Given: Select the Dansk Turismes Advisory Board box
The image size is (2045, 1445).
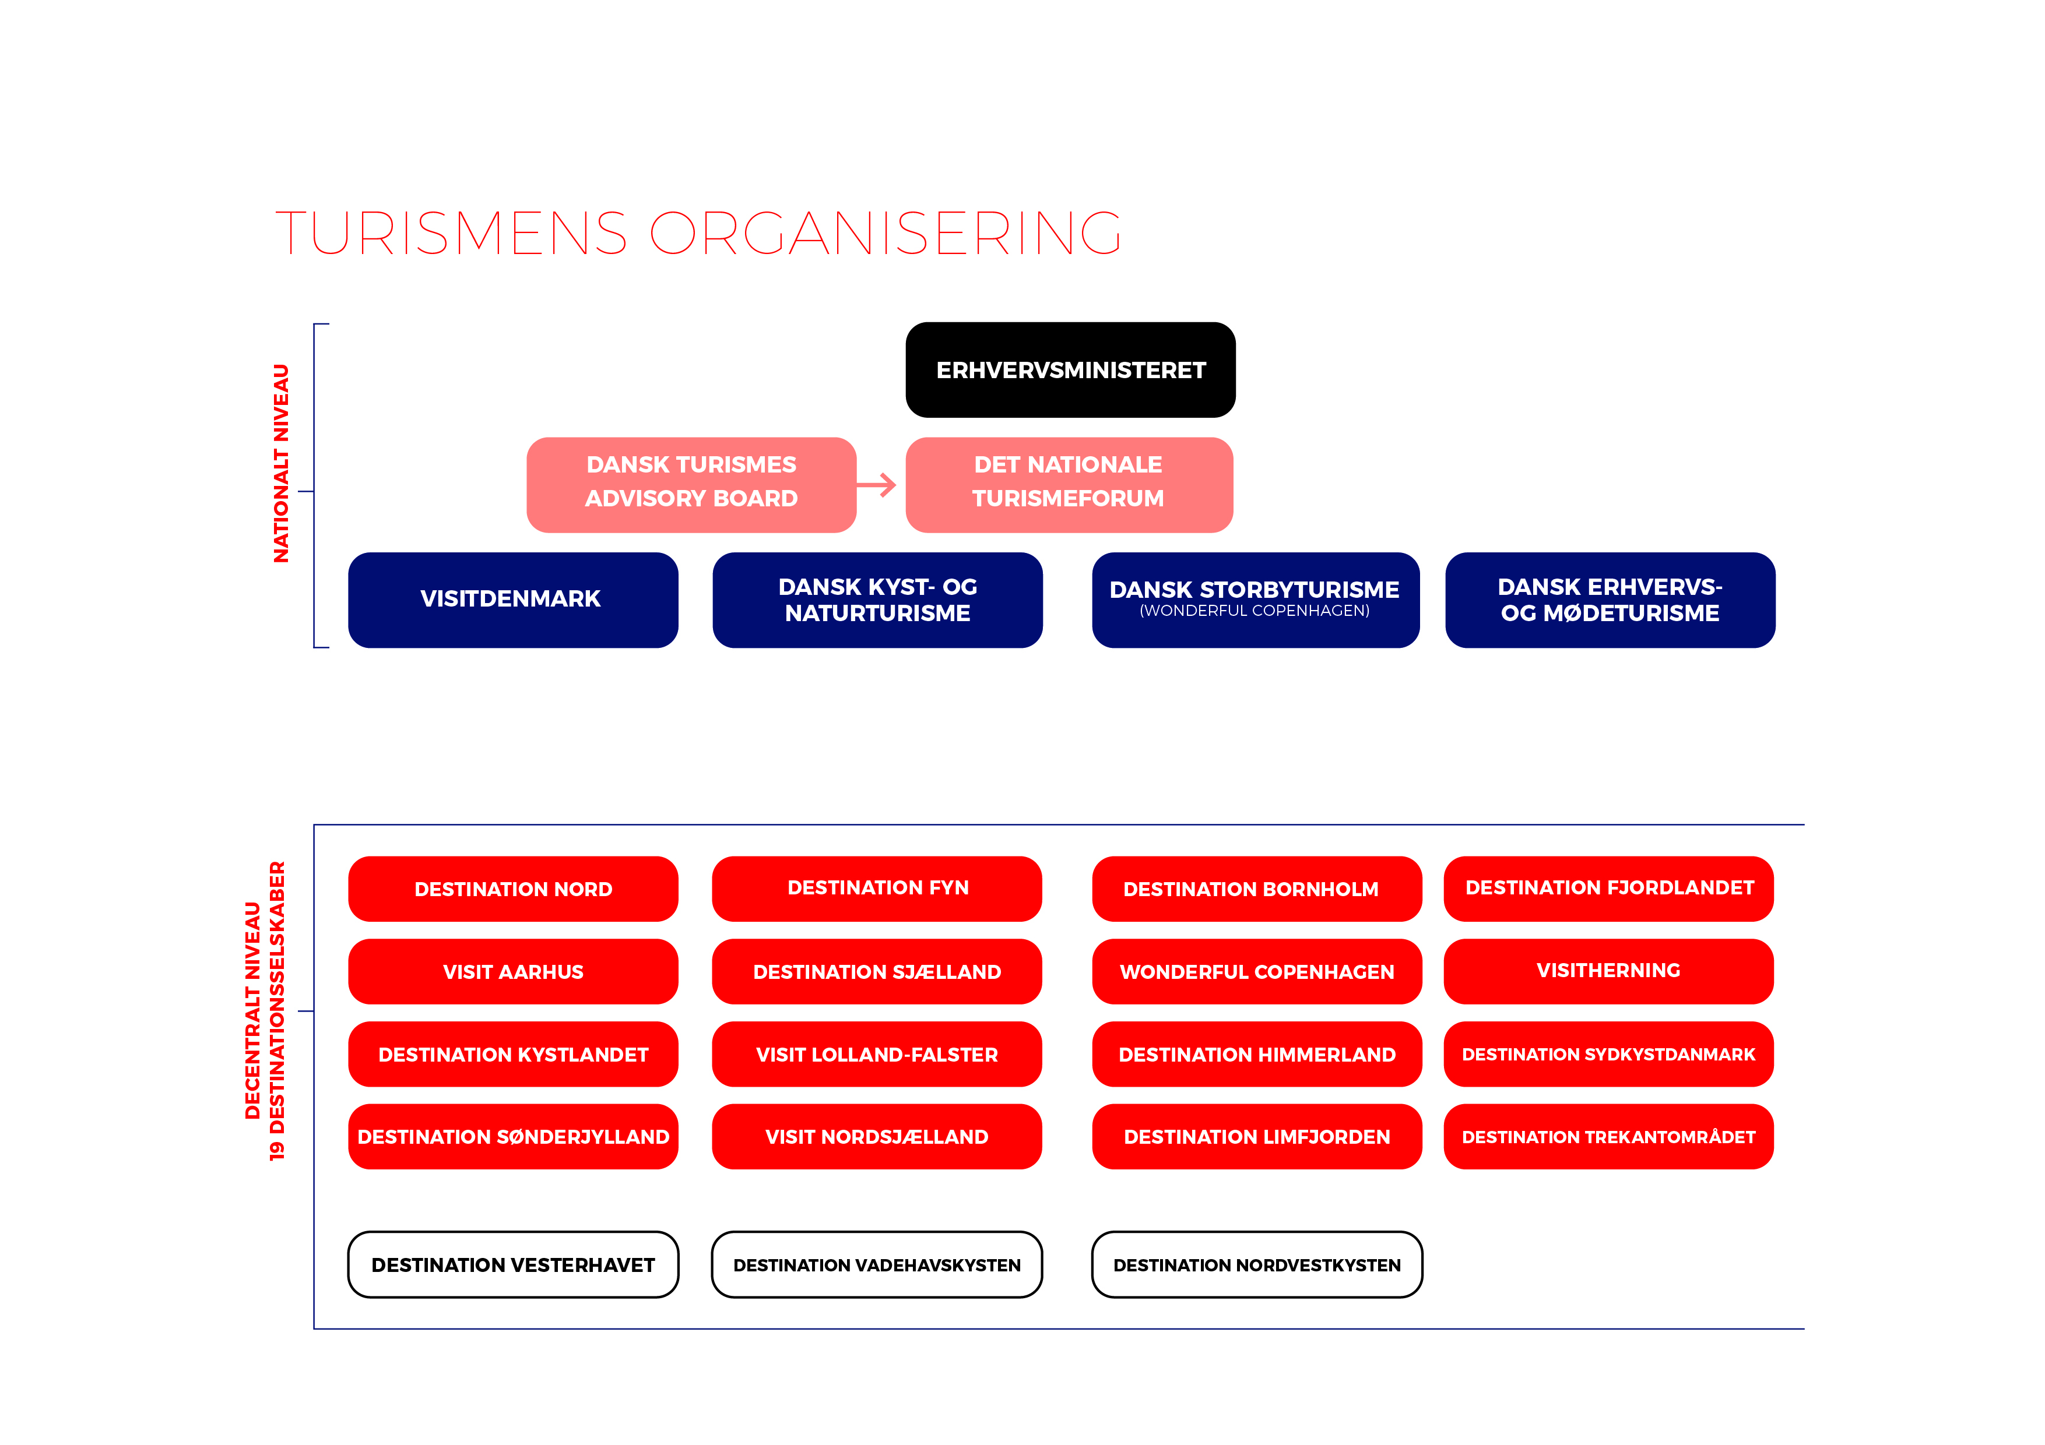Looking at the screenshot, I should pos(691,484).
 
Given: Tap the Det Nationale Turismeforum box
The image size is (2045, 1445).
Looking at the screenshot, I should pos(1069,484).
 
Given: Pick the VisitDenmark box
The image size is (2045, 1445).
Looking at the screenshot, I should pos(512,599).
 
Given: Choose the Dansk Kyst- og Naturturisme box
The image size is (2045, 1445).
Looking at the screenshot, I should pos(877,599).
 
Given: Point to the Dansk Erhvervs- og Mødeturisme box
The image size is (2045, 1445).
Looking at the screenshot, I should pos(1610,599).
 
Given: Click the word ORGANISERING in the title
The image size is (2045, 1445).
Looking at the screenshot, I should pos(886,233).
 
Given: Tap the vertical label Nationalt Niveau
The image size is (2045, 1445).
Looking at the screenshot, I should pos(282,463).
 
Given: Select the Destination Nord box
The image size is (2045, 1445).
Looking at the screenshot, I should pos(513,889).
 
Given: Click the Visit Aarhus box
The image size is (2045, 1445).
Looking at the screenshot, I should pos(513,971).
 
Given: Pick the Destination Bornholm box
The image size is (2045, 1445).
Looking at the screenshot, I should pos(1256,889).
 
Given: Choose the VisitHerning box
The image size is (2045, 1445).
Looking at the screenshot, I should pos(1608,971).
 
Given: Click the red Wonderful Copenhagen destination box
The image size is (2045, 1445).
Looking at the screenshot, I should pos(1256,971).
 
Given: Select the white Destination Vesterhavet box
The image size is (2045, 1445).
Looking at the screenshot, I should pos(513,1264).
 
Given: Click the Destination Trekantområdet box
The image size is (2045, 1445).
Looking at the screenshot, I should pos(1608,1137).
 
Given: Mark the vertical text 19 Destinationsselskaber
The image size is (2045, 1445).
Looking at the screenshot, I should pos(278,1010).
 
